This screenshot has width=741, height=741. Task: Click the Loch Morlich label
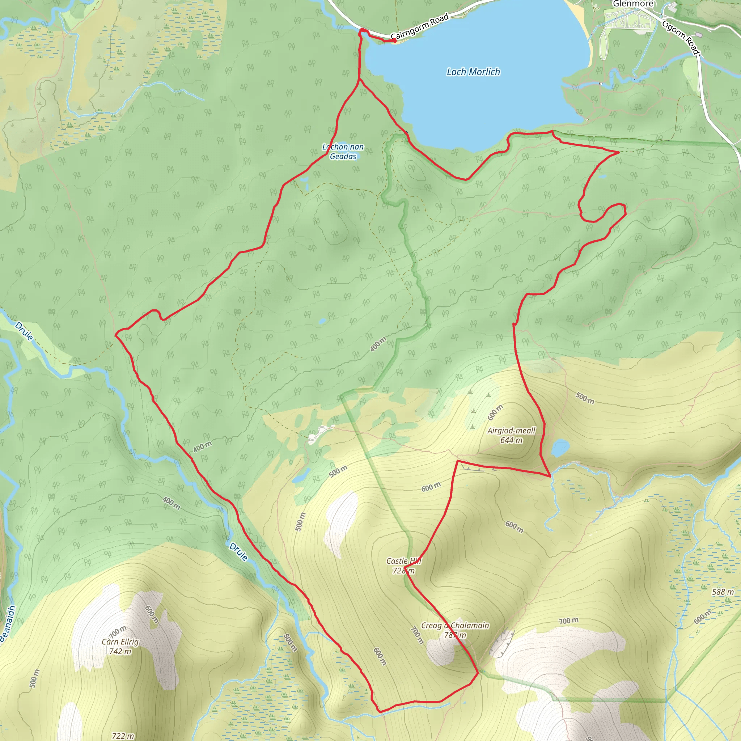[x=473, y=72]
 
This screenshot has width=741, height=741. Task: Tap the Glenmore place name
[x=633, y=4]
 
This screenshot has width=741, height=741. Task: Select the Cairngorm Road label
[x=420, y=27]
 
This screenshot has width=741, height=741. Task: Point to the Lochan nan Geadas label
[x=343, y=152]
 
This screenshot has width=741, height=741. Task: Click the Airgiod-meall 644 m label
[x=511, y=435]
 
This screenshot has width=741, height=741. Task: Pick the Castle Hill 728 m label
[x=403, y=566]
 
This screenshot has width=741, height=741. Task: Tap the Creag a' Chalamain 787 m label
[x=455, y=630]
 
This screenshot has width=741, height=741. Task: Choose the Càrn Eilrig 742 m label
[x=120, y=647]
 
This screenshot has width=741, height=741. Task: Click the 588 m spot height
[x=723, y=592]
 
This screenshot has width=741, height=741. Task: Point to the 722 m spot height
[x=123, y=736]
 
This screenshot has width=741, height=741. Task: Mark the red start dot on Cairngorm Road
[x=394, y=40]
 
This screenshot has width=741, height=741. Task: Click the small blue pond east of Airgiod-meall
[x=560, y=447]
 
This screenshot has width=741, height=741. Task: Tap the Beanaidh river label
[x=8, y=623]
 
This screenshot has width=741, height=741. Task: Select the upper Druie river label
[x=24, y=331]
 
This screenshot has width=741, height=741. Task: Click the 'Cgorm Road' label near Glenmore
[x=681, y=37]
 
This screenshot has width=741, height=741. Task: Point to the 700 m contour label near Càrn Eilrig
[x=118, y=632]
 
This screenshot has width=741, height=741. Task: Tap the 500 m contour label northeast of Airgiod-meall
[x=585, y=398]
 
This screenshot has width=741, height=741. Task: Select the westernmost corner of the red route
[x=116, y=334]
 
